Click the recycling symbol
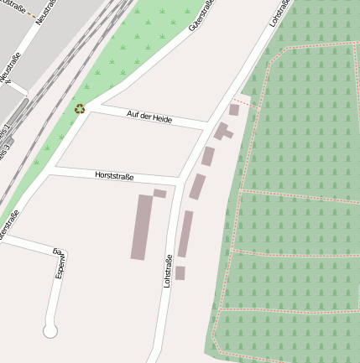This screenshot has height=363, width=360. click(x=80, y=108)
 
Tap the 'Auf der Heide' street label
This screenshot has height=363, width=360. click(x=149, y=117)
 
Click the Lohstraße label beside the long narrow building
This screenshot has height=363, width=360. click(x=168, y=271)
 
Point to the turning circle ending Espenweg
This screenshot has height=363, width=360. click(x=50, y=331)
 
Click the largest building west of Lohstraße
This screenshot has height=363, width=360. click(x=142, y=226)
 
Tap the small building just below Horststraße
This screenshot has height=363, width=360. click(x=159, y=194)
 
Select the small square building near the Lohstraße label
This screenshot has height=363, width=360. click(x=180, y=272)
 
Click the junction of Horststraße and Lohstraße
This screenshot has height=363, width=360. click(x=177, y=181)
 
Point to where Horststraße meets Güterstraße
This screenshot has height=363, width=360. click(x=52, y=170)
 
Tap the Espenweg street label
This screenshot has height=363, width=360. click(x=60, y=263)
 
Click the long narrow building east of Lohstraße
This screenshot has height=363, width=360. click(x=185, y=234)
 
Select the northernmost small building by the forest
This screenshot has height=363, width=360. click(x=234, y=110)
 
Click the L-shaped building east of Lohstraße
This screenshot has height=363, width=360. click(x=223, y=132)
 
